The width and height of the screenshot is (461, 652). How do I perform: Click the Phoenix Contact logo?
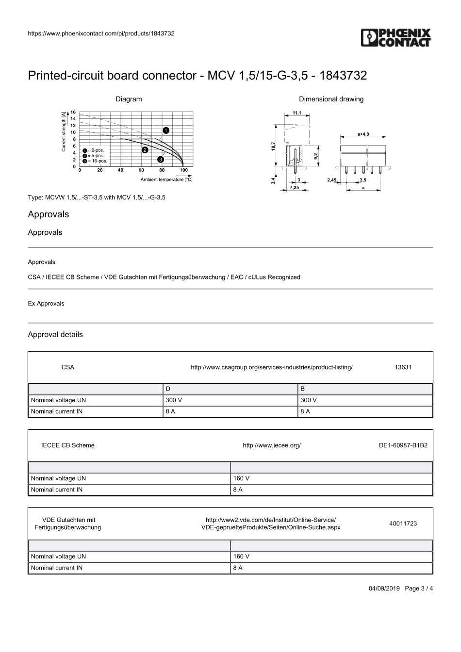click(x=395, y=38)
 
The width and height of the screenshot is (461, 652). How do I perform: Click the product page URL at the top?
click(x=101, y=33)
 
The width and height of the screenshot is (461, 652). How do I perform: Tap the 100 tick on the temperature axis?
click(x=183, y=170)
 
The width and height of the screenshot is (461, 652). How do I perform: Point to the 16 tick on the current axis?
click(x=73, y=112)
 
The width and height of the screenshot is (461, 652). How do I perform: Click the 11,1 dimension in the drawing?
click(x=296, y=113)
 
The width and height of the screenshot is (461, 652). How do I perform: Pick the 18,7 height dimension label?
click(x=273, y=146)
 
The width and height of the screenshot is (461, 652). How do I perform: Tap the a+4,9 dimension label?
click(x=363, y=134)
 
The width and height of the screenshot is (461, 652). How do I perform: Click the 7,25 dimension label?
click(x=294, y=187)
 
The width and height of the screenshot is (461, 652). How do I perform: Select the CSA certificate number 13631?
click(x=403, y=367)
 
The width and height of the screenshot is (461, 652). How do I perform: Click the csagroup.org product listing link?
click(x=271, y=367)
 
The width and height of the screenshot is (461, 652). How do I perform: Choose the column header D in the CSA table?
click(x=168, y=389)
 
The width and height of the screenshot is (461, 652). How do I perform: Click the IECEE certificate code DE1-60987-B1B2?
click(x=403, y=445)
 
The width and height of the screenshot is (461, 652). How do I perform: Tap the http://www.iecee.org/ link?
click(x=271, y=445)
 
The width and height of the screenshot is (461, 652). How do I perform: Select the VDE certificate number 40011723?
click(x=403, y=523)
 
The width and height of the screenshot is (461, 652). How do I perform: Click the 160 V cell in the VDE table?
click(x=241, y=556)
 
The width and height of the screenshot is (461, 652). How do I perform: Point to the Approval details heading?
click(x=55, y=334)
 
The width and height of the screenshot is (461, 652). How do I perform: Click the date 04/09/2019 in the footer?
click(x=384, y=588)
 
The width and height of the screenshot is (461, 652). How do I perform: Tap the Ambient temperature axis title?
click(x=166, y=179)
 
